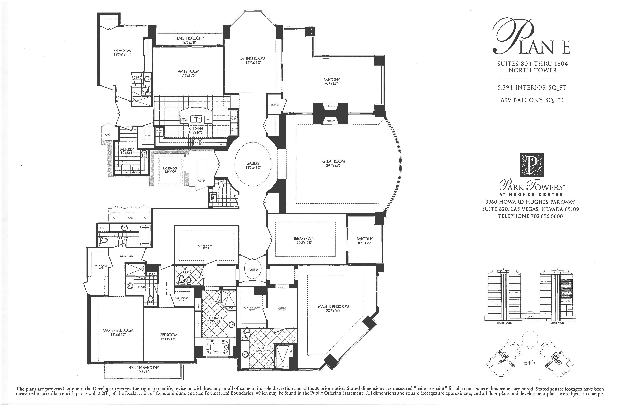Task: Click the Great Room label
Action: [333, 161]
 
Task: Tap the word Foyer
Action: [201, 181]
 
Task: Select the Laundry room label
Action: [127, 149]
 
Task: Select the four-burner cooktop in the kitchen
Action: [198, 142]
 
